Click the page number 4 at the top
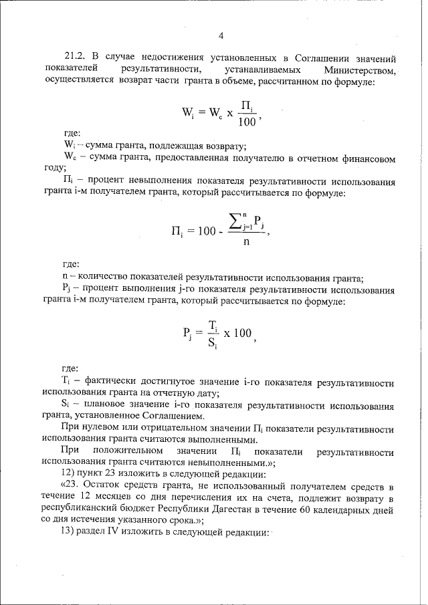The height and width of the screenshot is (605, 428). point(220,35)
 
